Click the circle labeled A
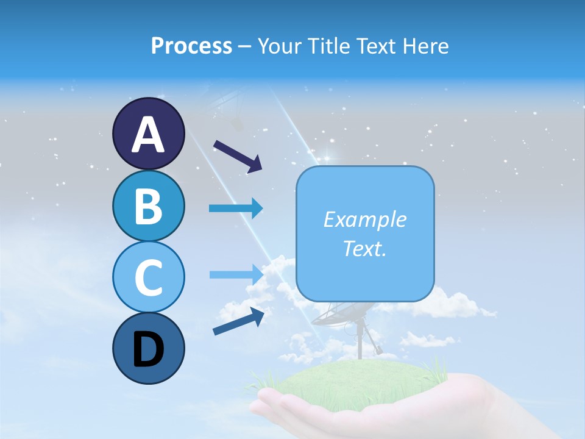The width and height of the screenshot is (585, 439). (148, 134)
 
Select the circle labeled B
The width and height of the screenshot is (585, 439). (148, 205)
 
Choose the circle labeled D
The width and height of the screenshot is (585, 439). (148, 348)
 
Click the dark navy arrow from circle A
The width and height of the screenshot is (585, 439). (238, 155)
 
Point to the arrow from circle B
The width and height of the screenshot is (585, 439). (236, 209)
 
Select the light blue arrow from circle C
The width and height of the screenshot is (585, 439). (236, 274)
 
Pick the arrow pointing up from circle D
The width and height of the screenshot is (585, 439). (238, 321)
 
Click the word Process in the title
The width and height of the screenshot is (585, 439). (191, 46)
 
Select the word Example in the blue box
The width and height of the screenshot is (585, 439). (364, 220)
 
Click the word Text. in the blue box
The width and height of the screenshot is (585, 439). (364, 248)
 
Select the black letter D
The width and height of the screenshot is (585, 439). (148, 350)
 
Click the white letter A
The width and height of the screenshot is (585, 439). (148, 135)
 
